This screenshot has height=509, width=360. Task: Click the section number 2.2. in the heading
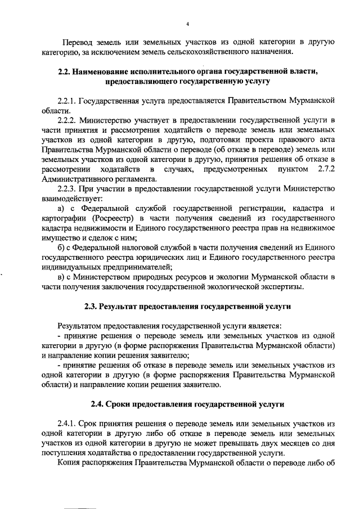66,71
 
